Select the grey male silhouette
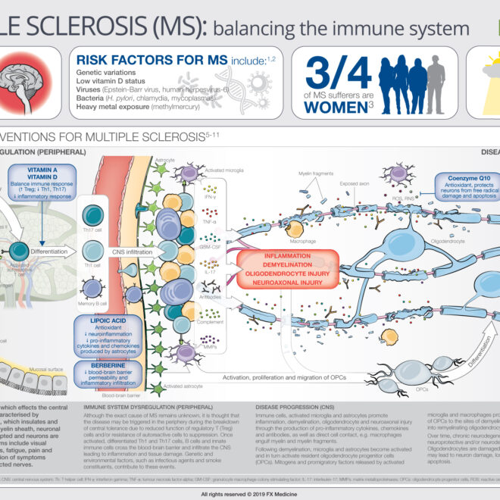435,80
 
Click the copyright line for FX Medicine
249,493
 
